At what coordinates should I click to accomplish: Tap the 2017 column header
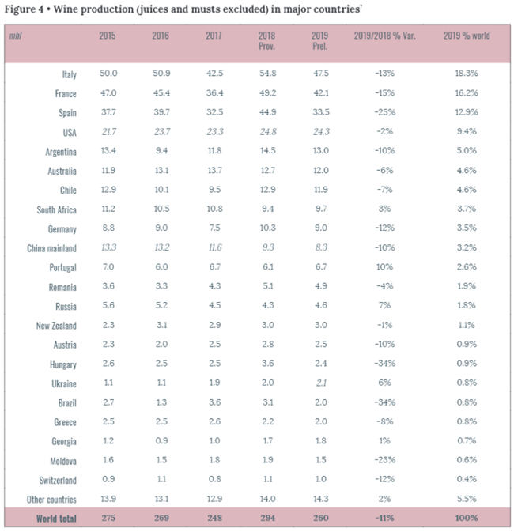coord(214,36)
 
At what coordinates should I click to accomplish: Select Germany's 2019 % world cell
coord(464,229)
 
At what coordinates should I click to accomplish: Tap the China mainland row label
coord(51,248)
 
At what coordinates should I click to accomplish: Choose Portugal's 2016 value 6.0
coord(161,266)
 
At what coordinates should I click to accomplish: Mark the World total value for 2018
coord(267,518)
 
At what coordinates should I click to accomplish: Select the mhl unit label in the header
coord(17,37)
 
